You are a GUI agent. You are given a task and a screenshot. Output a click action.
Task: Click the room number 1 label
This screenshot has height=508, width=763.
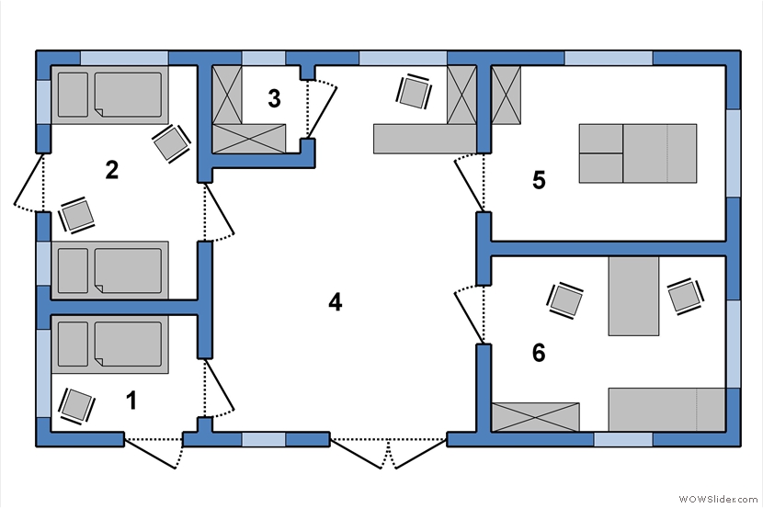[x=131, y=401]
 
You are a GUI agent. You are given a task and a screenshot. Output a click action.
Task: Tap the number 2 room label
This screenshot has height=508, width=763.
[x=112, y=170]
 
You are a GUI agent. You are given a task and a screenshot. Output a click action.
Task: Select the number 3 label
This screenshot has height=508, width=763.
[x=275, y=98]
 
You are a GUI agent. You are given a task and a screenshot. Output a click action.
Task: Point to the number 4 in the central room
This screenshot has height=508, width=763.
[x=336, y=302]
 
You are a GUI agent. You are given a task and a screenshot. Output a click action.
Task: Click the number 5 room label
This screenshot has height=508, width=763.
[x=539, y=180]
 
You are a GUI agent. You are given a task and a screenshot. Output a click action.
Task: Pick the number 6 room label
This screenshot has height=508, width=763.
[x=539, y=353]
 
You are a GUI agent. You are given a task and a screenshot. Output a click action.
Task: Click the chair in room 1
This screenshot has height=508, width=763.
[x=76, y=406]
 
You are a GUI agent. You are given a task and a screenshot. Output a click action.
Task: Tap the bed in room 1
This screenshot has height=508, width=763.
[x=110, y=344]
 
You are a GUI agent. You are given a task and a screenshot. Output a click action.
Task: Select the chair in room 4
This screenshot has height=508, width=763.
[x=414, y=91]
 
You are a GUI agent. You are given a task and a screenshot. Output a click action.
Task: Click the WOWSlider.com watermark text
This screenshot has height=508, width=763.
[x=718, y=499]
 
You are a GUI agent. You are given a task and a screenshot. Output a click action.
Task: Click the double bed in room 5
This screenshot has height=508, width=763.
[x=637, y=153]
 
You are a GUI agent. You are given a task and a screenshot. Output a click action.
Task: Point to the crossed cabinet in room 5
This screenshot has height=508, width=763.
[x=507, y=96]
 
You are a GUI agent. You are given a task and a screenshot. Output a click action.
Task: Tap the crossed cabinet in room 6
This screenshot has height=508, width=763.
[x=535, y=417]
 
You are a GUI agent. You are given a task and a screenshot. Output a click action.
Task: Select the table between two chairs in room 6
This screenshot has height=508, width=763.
[x=633, y=296]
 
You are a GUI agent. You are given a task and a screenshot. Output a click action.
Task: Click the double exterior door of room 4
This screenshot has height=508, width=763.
[x=388, y=453]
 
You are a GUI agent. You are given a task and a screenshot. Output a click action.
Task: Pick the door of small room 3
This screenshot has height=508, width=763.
[x=321, y=109]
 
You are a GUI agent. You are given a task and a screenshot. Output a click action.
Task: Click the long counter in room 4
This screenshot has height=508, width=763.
[x=425, y=139]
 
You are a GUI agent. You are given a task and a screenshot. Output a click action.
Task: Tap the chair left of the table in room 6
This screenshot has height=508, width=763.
[x=565, y=300]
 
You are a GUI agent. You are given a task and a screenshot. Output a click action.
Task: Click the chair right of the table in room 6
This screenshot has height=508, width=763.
[x=686, y=296]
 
